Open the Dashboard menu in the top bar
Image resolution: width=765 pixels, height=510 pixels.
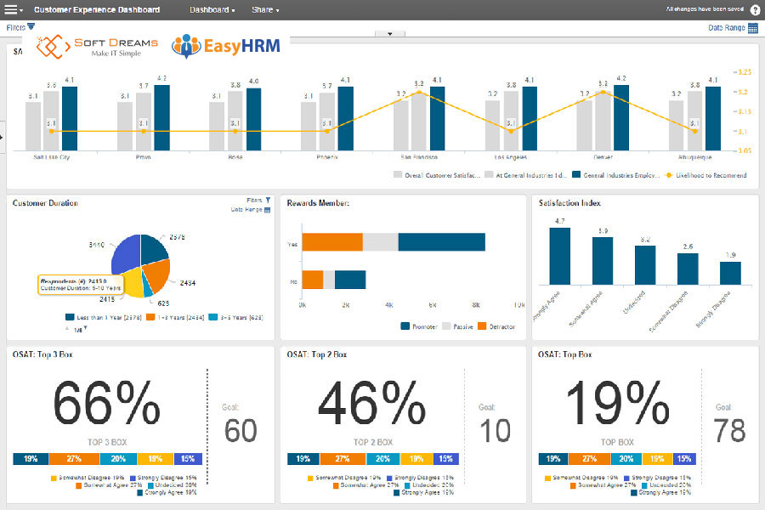[x=212, y=10]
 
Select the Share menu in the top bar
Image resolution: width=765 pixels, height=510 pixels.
[x=265, y=10]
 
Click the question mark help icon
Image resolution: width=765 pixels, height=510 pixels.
[x=755, y=10]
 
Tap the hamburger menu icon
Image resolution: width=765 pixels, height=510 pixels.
[x=12, y=10]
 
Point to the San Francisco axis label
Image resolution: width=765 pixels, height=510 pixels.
[x=418, y=157]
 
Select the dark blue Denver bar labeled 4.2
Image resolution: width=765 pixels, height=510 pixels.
[x=621, y=117]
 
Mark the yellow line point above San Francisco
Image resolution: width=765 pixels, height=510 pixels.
[x=418, y=92]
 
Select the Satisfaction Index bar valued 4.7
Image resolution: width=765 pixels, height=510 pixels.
[x=559, y=256]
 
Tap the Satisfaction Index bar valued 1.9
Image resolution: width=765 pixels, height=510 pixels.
[x=730, y=273]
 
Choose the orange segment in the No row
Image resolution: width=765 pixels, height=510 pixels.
[x=312, y=280]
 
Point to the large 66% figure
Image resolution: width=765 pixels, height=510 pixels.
[x=106, y=404]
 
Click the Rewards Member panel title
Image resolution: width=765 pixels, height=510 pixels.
[x=319, y=203]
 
